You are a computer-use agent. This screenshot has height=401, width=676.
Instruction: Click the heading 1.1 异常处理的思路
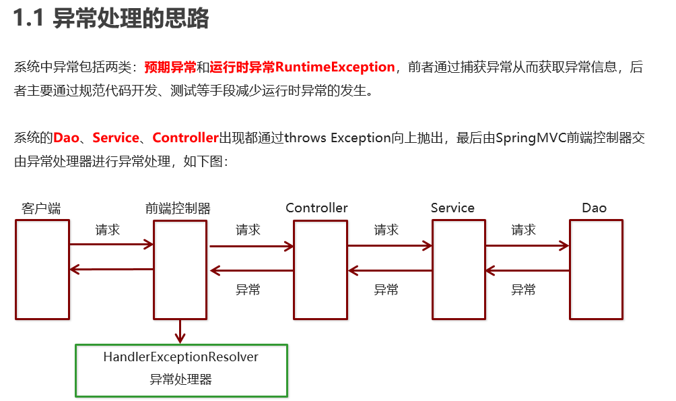click(112, 19)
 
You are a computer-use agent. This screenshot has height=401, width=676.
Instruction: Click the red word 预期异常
click(170, 67)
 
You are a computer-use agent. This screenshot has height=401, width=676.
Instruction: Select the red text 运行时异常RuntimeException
click(302, 67)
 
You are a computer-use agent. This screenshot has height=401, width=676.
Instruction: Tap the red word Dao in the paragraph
click(66, 138)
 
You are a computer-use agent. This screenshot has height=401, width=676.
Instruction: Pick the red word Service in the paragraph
click(115, 138)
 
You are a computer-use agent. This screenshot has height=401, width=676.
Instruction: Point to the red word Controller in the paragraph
click(186, 138)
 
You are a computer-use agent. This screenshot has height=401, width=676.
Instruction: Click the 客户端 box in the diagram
click(42, 269)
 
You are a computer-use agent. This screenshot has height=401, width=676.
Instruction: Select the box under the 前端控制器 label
click(180, 269)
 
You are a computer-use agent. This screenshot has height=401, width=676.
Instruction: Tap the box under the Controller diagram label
click(320, 269)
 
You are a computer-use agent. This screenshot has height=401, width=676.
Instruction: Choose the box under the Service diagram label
click(459, 269)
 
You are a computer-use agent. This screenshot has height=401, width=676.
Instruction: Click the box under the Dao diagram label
click(596, 269)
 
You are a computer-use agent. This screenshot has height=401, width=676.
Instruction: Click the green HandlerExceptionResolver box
click(181, 370)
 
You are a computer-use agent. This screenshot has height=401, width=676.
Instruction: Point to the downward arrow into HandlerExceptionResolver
click(180, 331)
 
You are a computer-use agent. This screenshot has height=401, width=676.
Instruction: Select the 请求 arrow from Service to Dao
click(527, 246)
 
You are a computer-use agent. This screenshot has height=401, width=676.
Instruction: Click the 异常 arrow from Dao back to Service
click(527, 271)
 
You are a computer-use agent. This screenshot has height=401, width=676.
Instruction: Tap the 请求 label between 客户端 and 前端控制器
click(108, 230)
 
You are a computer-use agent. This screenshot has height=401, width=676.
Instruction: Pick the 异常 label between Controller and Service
click(386, 290)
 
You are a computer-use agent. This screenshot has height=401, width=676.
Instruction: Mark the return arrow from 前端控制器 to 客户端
click(111, 270)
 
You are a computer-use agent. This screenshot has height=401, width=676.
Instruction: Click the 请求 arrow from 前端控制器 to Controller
click(251, 246)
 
